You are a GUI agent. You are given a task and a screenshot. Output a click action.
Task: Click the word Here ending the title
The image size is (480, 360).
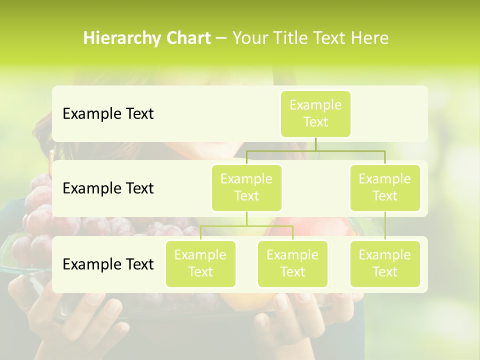pos(370,38)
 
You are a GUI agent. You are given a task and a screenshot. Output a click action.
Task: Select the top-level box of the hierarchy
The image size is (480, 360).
pos(315,114)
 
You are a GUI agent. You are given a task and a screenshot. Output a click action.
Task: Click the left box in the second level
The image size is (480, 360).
pos(246,188)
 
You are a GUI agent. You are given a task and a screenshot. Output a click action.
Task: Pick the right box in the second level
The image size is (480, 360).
pos(385,188)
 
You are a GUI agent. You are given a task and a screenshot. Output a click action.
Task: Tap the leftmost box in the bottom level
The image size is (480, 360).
pos(200,264)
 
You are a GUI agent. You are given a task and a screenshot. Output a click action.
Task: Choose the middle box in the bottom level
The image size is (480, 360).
pos(292,264)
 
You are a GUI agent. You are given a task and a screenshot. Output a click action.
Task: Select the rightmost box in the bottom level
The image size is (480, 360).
pos(385,264)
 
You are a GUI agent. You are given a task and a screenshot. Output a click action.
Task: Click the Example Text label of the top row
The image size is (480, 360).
pos(108,114)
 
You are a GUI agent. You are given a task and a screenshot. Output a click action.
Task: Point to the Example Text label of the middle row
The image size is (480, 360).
pos(108,188)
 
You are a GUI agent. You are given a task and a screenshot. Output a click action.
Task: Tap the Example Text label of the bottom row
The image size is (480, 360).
pos(108,264)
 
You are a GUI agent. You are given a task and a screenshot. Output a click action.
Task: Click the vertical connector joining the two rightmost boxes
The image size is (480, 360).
pos(385,226)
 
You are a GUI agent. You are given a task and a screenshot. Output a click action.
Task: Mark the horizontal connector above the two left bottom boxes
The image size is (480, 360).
pos(246,226)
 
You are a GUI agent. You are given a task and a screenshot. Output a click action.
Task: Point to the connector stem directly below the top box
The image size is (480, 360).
pos(315,144)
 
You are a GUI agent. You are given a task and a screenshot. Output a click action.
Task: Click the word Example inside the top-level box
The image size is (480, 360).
pos(315,105)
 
